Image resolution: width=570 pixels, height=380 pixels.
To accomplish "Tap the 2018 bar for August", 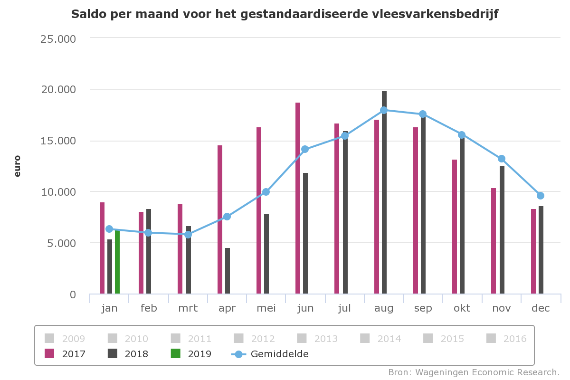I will tap(384, 192).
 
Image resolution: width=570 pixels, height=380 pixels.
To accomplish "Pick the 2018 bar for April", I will tap(228, 271).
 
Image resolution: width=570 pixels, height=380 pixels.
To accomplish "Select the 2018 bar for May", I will tap(266, 254).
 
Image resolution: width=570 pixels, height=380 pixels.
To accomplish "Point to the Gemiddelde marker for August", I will tap(384, 110).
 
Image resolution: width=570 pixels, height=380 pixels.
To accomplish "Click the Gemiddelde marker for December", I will tap(541, 196).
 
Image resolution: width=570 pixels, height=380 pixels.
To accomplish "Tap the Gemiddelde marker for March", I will tap(188, 234).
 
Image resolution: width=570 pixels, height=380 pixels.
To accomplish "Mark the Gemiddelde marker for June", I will tap(305, 149).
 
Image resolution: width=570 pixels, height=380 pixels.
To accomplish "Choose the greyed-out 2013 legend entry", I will tap(318, 339).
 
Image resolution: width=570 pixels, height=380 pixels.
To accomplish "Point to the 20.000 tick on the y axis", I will tap(58, 90).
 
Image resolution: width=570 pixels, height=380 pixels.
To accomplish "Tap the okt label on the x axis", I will tap(462, 308).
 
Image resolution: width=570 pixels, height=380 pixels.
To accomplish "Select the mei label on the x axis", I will tap(266, 308).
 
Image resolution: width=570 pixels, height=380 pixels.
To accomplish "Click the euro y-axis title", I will tap(18, 166).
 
